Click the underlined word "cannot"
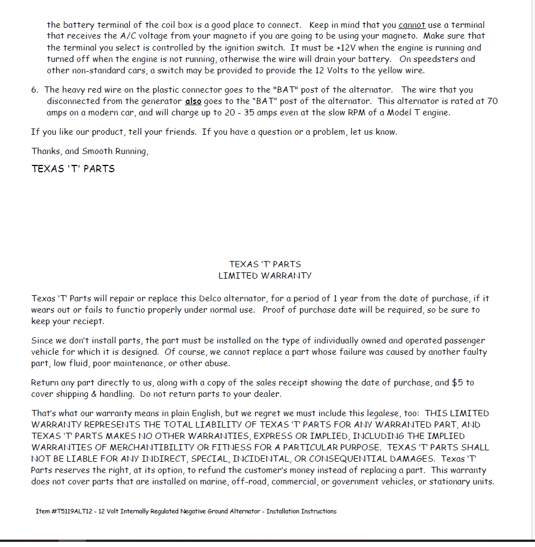(x=412, y=25)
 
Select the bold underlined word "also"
(x=194, y=101)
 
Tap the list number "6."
(x=35, y=90)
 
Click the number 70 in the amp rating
(x=492, y=101)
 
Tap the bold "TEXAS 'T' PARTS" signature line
(x=73, y=169)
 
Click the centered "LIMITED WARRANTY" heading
(x=265, y=276)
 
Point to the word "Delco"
(x=213, y=299)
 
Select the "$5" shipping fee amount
(x=457, y=383)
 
